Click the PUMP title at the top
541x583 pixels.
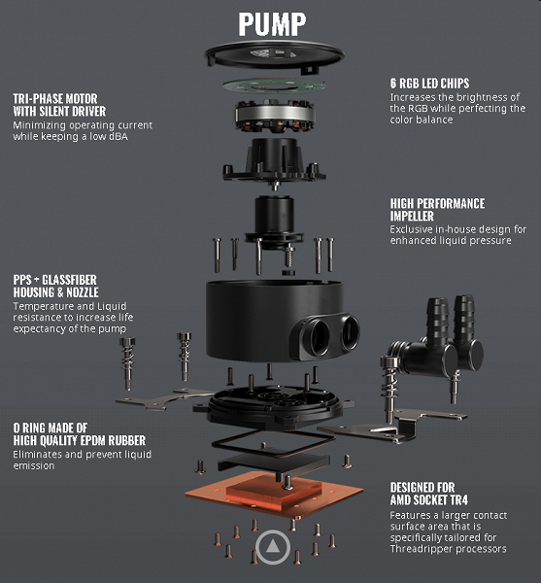tap(272, 24)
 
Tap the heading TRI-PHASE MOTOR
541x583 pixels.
tap(55, 99)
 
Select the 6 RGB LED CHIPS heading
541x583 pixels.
tap(429, 84)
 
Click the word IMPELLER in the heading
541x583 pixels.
tap(412, 216)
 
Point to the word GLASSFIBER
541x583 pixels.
tap(70, 280)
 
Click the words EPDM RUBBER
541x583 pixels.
tap(116, 440)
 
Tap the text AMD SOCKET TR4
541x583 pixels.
tap(428, 500)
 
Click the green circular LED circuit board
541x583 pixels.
tap(274, 86)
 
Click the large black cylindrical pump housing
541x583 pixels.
tap(275, 321)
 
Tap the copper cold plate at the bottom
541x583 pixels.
tap(274, 495)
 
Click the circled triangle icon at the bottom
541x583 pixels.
tap(273, 547)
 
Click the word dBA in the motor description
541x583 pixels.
tap(118, 136)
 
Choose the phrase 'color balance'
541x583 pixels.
tap(422, 120)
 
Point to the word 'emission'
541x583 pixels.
tap(34, 465)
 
